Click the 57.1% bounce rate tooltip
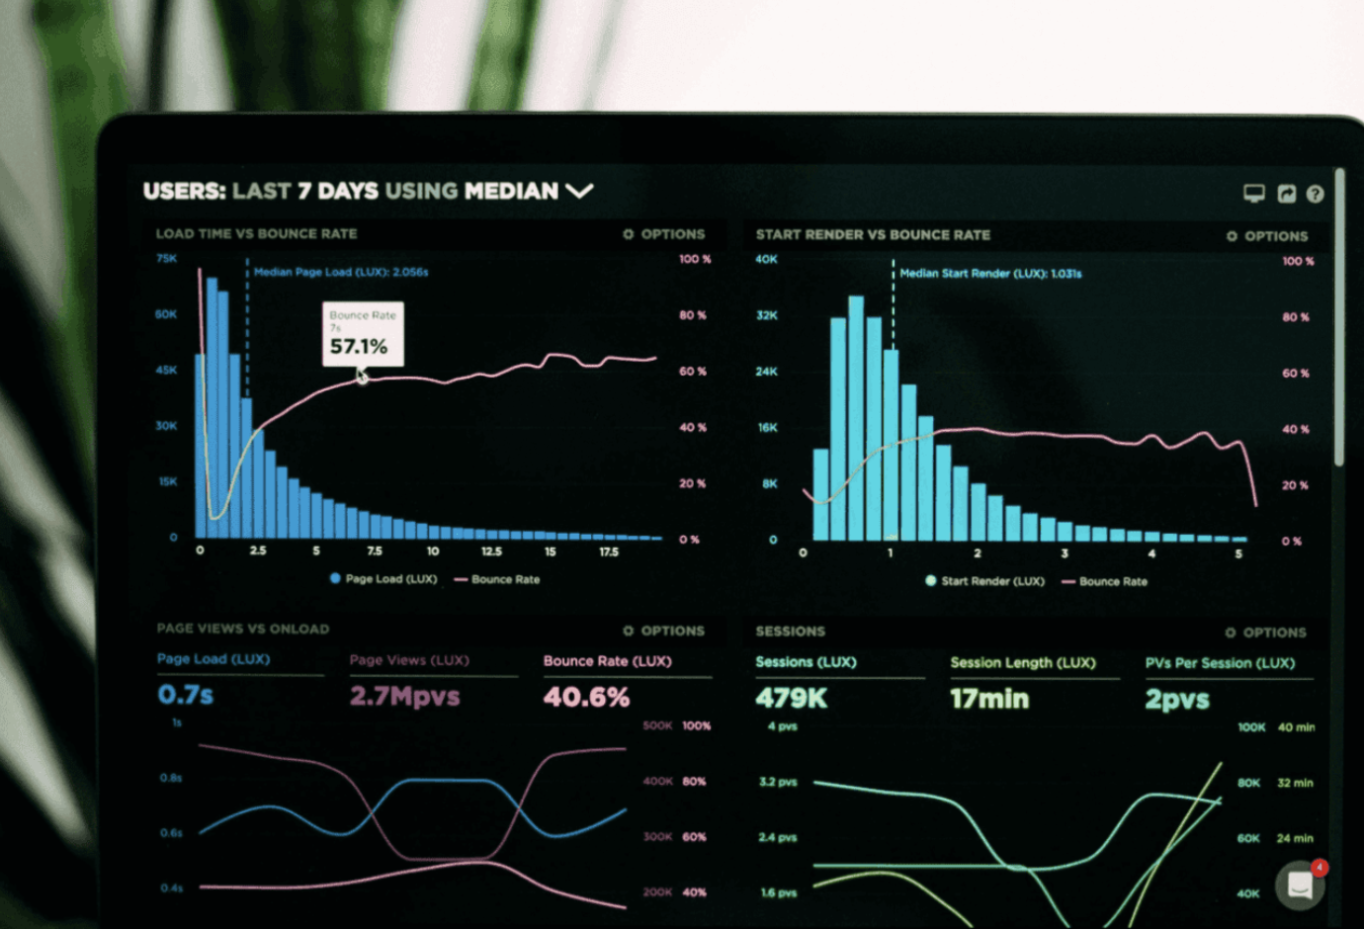pyautogui.click(x=363, y=334)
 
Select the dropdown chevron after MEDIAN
pyautogui.click(x=579, y=191)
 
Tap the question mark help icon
pyautogui.click(x=1315, y=195)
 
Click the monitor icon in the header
pyautogui.click(x=1253, y=194)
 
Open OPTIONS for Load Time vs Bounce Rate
pyautogui.click(x=664, y=234)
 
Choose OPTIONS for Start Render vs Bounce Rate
pyautogui.click(x=1267, y=236)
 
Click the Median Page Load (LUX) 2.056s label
pyautogui.click(x=341, y=272)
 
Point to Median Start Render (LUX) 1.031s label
pyautogui.click(x=990, y=274)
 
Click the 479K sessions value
pyautogui.click(x=791, y=699)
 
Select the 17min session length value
pyautogui.click(x=989, y=700)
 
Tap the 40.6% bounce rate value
pyautogui.click(x=586, y=697)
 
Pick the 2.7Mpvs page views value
pyautogui.click(x=404, y=696)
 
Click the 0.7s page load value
pyautogui.click(x=186, y=695)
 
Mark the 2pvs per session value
pyautogui.click(x=1177, y=700)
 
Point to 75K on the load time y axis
pyautogui.click(x=166, y=259)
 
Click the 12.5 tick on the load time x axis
pyautogui.click(x=491, y=551)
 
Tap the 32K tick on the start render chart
pyautogui.click(x=767, y=315)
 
